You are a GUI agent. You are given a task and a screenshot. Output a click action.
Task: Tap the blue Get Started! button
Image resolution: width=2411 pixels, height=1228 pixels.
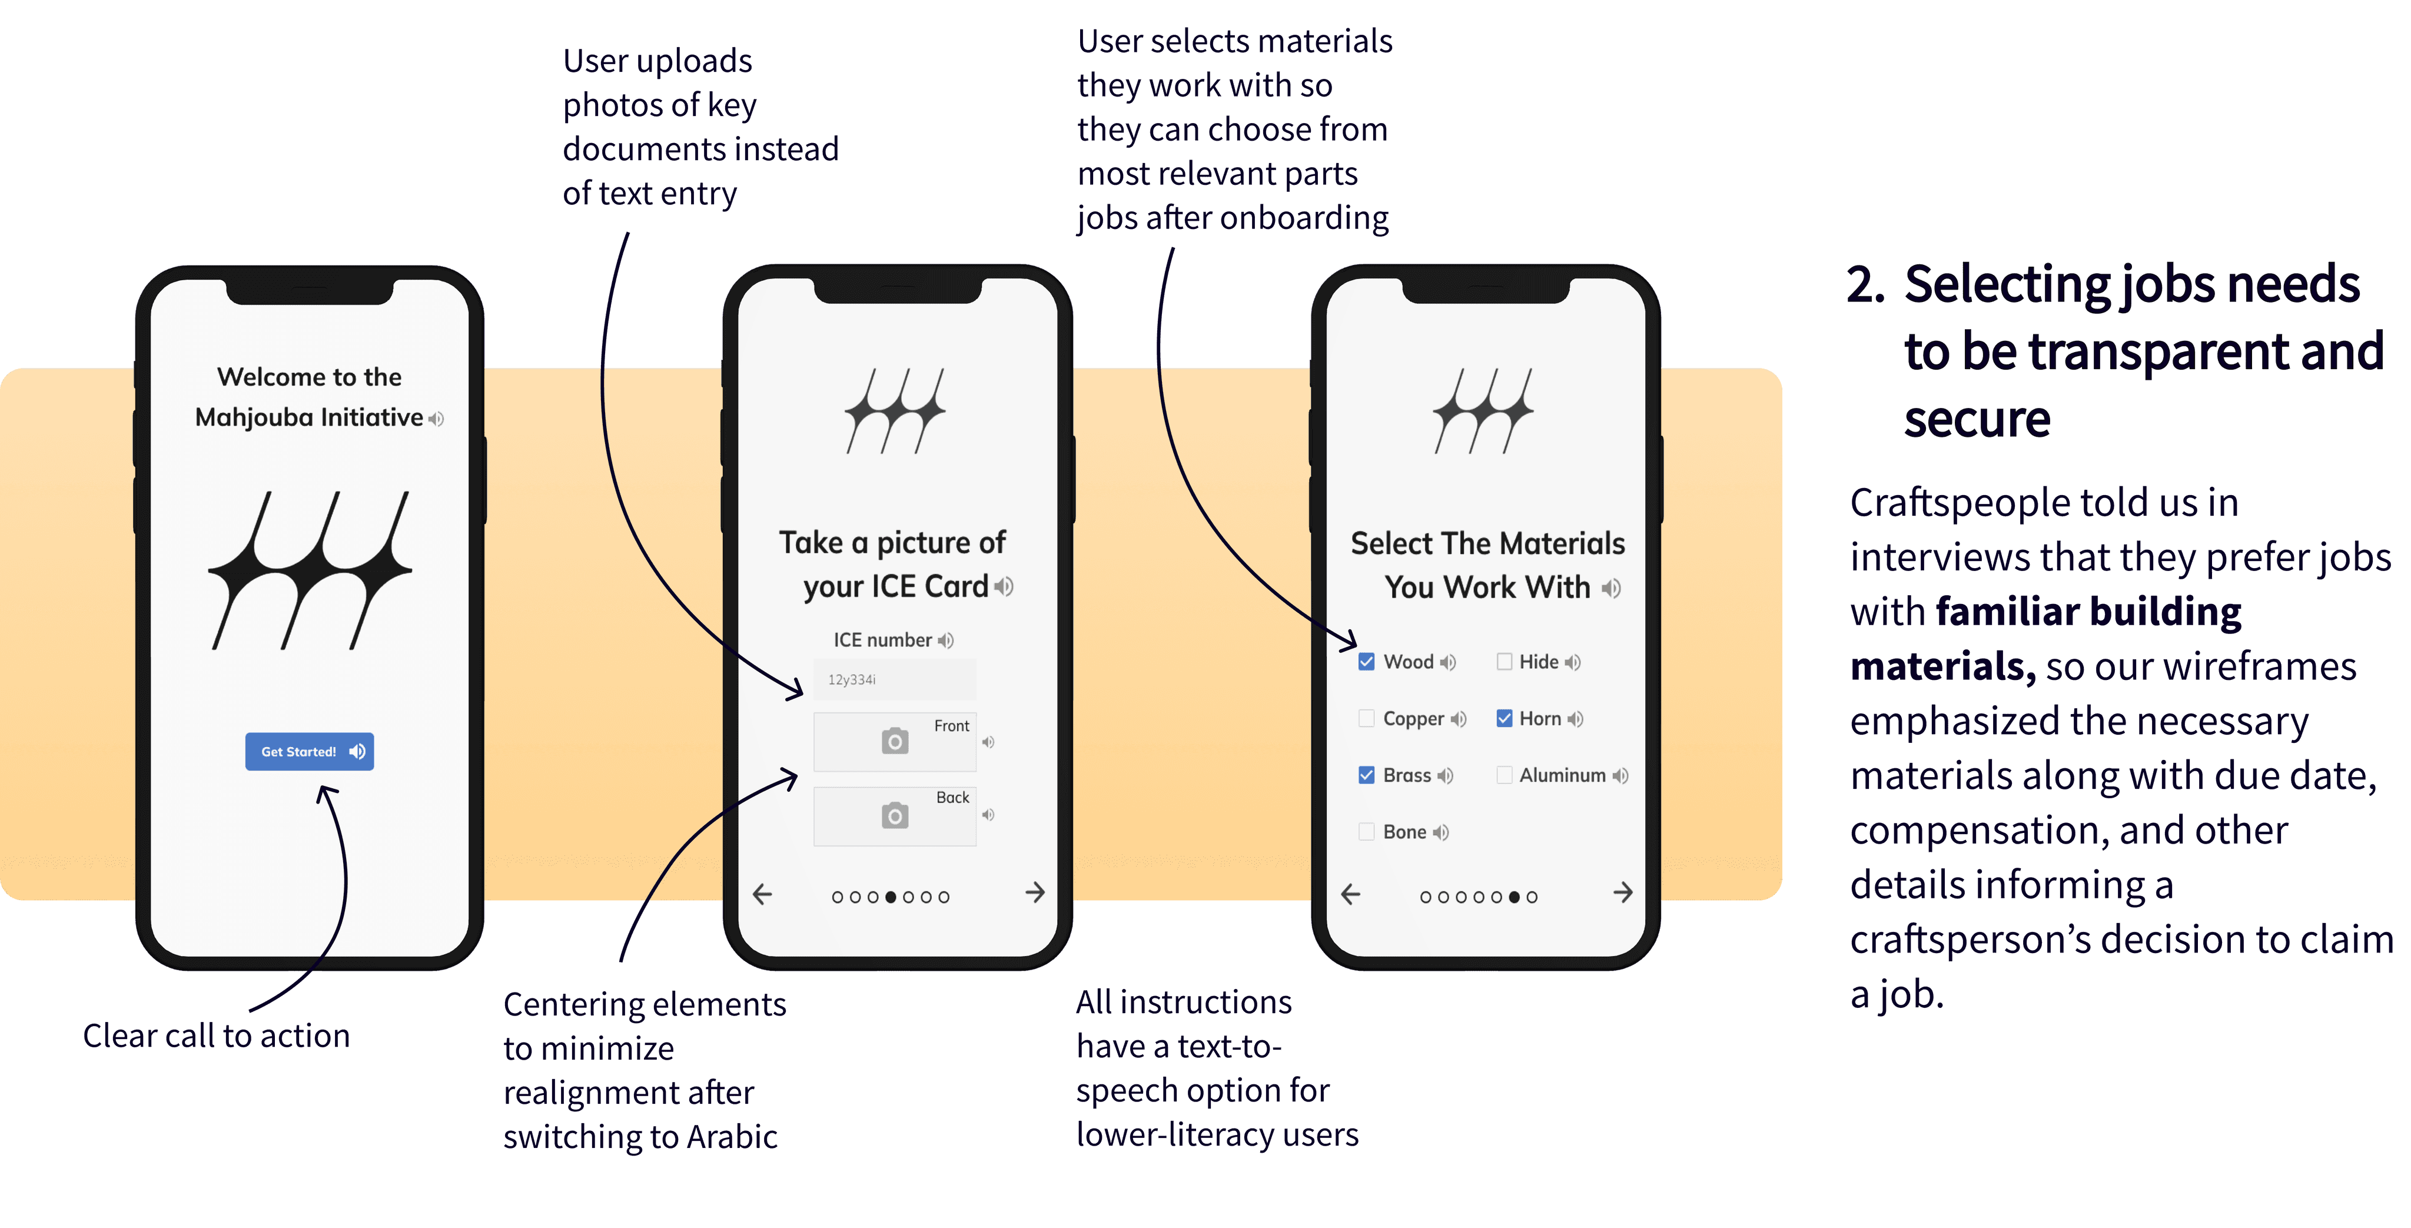[309, 752]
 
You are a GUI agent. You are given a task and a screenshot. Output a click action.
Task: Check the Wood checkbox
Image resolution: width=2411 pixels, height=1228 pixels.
[1366, 662]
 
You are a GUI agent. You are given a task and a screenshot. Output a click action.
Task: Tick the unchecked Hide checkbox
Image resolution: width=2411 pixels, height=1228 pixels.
[1504, 662]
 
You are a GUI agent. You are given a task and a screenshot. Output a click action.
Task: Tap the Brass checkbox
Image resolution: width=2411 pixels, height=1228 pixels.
[1366, 775]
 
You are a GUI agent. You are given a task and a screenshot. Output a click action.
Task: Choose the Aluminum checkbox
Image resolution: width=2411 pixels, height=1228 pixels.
[1504, 775]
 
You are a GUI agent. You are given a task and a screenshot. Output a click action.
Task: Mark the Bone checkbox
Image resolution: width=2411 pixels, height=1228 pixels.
[1366, 831]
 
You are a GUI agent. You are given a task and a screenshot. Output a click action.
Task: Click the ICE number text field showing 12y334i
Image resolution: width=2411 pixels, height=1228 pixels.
[895, 679]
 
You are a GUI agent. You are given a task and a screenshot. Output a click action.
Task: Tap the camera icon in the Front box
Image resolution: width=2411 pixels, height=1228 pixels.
[895, 741]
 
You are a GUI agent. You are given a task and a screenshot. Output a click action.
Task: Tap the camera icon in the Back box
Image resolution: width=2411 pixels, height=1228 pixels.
[895, 815]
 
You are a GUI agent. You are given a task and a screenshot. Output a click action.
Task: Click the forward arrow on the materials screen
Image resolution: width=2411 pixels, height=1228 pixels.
[1623, 893]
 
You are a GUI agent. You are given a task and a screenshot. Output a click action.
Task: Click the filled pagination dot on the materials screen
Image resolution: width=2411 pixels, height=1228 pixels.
[1515, 897]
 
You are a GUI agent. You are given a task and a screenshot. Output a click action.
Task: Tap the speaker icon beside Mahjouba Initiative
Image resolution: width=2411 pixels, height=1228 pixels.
[436, 419]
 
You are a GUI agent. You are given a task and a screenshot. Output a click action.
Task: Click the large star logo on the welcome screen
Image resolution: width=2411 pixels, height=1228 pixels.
[310, 569]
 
